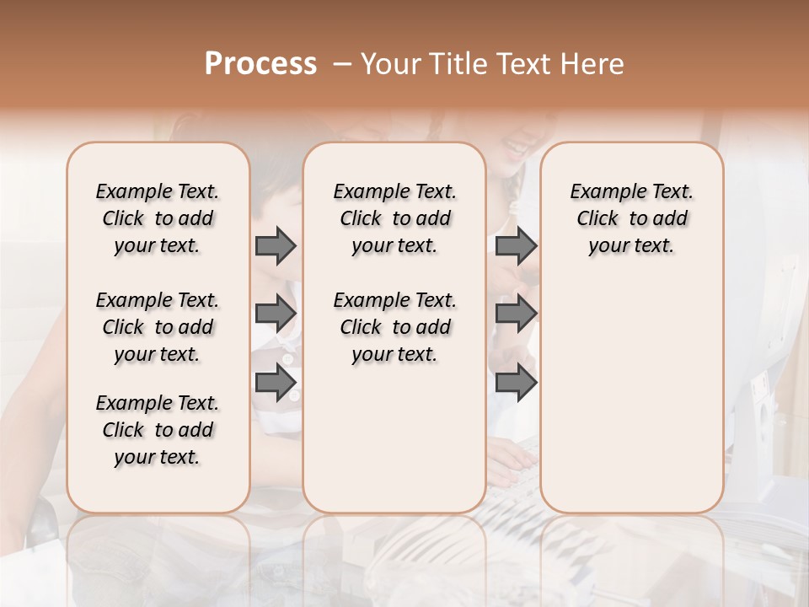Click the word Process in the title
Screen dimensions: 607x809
point(260,64)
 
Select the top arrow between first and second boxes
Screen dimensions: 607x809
point(276,246)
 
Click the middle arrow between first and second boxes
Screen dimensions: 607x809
point(276,314)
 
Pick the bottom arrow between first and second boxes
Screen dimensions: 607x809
point(276,382)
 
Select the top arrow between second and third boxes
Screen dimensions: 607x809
point(516,246)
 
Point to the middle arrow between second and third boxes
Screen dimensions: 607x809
point(516,314)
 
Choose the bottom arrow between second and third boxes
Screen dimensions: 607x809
point(516,382)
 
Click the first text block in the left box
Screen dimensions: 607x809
point(158,218)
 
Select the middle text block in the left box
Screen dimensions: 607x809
point(158,327)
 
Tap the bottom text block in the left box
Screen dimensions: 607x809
point(158,430)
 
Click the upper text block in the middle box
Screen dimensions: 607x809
point(394,218)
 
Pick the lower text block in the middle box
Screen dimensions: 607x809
point(394,327)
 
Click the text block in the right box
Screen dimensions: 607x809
point(631,218)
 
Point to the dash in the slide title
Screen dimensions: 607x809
point(341,64)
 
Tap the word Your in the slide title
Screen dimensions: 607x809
point(388,64)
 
